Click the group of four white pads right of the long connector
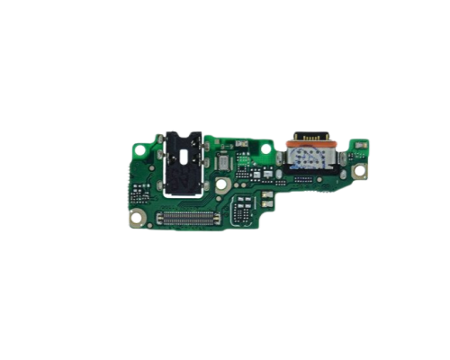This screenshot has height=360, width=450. (238, 213)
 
